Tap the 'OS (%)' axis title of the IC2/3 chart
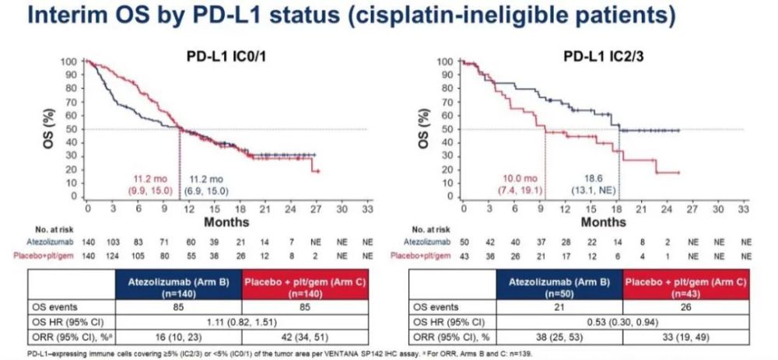tap(425, 126)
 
